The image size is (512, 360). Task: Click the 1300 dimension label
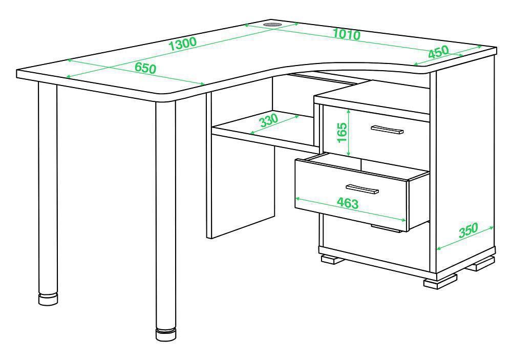pos(183,44)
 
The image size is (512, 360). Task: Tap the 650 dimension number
pos(145,68)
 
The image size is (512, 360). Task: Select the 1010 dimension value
pos(347,34)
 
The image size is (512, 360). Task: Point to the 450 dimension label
pos(439,52)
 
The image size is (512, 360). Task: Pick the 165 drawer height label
pos(342,132)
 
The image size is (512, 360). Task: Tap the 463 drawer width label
pos(348,203)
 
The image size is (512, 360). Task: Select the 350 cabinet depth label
pos(468,230)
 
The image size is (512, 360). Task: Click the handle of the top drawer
pos(387,130)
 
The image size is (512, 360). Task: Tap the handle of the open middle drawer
pos(362,189)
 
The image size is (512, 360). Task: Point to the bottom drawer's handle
pos(386,228)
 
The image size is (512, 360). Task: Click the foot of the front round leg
pos(165,334)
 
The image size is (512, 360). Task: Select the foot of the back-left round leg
pos(48,299)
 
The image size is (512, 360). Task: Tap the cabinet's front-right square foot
pos(440,281)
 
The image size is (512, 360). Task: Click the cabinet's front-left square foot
pos(333,259)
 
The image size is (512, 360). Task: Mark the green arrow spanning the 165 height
pos(349,133)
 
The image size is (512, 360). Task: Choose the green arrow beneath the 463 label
pos(350,209)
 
